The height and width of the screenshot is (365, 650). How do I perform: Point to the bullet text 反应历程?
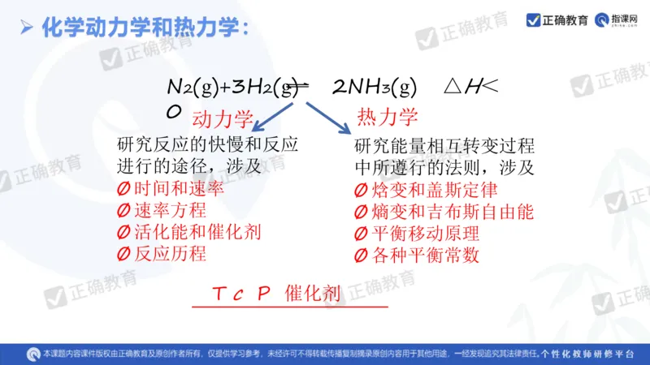[162, 253]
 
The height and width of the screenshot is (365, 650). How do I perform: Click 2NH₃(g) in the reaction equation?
[375, 87]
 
